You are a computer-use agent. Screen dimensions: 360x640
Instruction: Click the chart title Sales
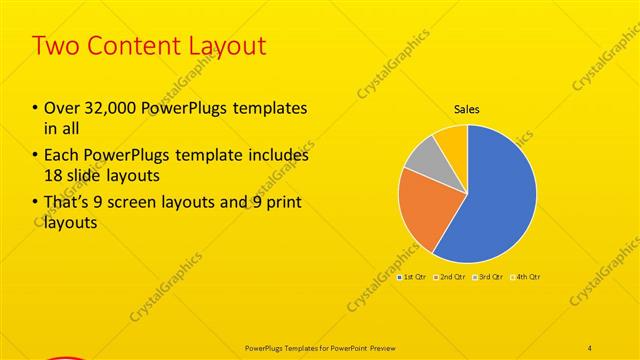click(467, 109)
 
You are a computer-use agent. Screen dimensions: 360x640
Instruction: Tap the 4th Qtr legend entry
click(526, 276)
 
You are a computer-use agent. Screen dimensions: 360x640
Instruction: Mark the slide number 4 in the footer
click(590, 347)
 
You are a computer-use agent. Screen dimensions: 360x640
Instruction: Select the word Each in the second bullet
click(60, 156)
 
